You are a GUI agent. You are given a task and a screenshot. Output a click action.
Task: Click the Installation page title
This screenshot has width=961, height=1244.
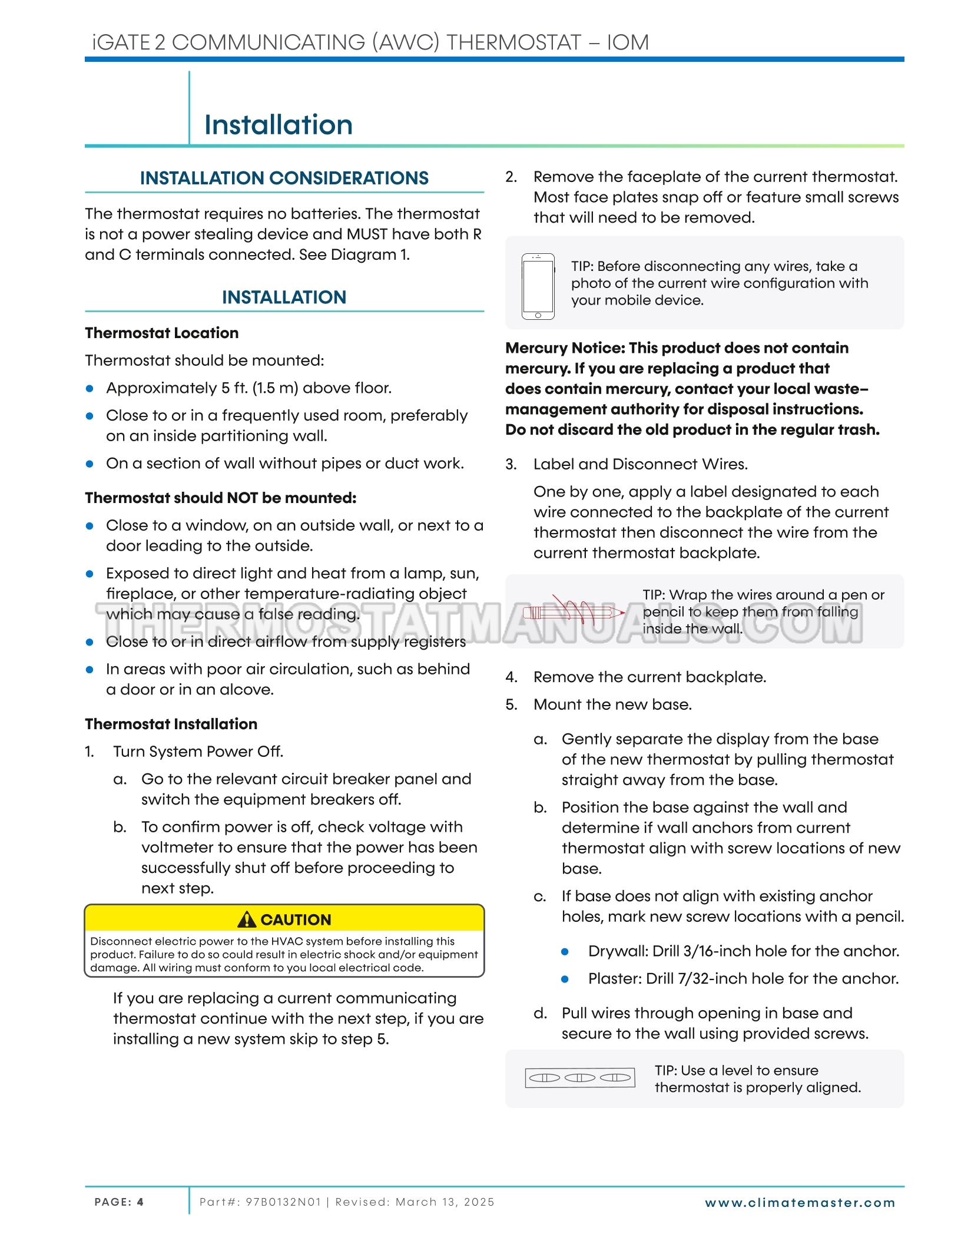click(278, 125)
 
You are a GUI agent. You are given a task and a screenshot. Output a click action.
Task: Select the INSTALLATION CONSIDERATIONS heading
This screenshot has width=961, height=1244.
click(284, 178)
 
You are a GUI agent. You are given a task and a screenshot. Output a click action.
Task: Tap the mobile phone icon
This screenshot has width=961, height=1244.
click(538, 286)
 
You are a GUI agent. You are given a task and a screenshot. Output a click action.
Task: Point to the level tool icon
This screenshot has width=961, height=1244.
click(579, 1077)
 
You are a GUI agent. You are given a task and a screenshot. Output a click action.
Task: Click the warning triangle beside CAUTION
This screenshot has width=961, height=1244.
click(247, 919)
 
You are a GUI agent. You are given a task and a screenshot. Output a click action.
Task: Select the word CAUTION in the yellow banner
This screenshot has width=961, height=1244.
click(296, 919)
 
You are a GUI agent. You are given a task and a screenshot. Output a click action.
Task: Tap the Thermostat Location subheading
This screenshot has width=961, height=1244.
click(161, 333)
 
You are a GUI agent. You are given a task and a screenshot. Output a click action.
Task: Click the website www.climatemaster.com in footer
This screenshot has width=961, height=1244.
click(800, 1203)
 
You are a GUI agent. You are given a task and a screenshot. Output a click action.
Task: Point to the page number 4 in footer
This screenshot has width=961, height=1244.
click(140, 1202)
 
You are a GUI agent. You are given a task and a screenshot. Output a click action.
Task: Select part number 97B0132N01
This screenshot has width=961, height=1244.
click(283, 1202)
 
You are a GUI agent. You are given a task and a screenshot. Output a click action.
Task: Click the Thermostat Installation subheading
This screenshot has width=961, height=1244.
click(171, 724)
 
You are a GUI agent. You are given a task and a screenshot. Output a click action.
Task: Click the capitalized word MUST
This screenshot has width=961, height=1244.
click(367, 234)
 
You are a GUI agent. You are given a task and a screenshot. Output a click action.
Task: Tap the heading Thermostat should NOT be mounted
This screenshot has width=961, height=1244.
click(220, 498)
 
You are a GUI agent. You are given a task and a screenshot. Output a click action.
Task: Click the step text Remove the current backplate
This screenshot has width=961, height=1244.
click(649, 677)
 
